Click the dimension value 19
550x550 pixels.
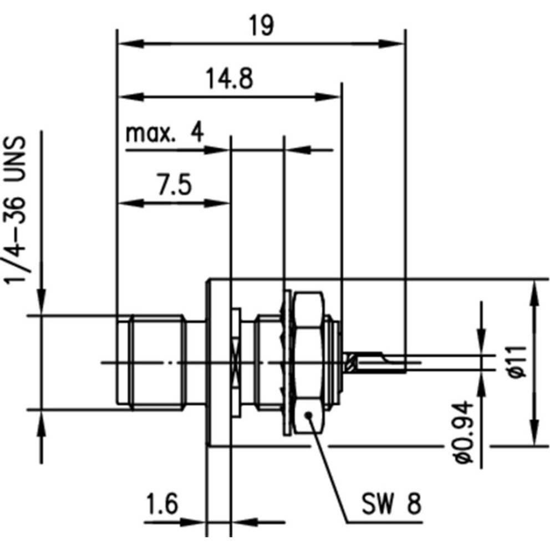pos(261,26)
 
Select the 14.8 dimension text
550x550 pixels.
pos(230,79)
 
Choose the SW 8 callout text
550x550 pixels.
pos(391,505)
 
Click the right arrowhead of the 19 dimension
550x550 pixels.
pos(397,43)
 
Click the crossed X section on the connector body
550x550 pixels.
pos(236,363)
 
